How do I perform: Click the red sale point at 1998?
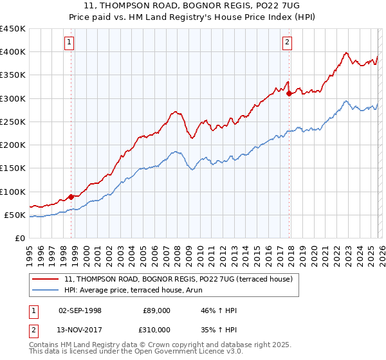[71, 197]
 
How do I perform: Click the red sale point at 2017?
[289, 93]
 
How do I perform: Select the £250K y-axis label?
[13, 122]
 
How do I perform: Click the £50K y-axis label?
[15, 215]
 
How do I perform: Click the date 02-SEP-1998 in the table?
[80, 310]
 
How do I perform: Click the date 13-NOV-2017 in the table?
[80, 329]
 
